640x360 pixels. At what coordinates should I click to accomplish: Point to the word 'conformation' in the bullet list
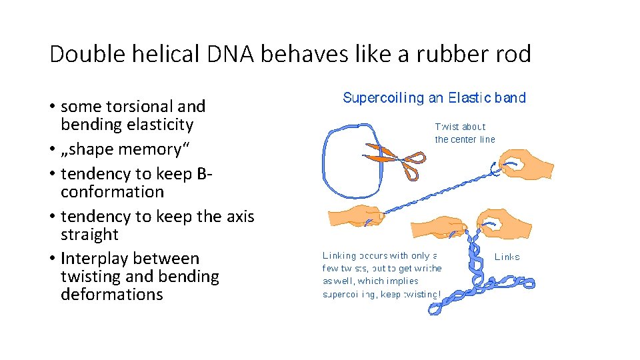[x=112, y=192]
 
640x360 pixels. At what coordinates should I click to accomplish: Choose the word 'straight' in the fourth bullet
[x=89, y=235]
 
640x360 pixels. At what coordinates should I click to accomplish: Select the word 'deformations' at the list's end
[x=111, y=295]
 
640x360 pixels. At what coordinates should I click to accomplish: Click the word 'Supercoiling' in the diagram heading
[x=383, y=98]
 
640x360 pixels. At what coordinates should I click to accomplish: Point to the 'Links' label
[x=507, y=257]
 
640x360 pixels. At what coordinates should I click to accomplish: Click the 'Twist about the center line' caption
[x=465, y=133]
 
